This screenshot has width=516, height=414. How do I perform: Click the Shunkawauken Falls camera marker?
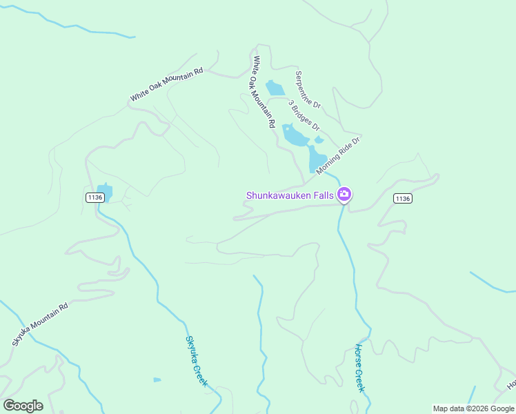[344, 195]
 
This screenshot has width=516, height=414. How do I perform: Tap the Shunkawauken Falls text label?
[290, 195]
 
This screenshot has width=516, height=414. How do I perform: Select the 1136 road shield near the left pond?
[95, 197]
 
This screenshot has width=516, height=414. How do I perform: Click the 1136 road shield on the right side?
[403, 199]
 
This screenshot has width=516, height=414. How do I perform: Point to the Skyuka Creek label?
[196, 360]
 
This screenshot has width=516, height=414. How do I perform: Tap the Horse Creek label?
[359, 368]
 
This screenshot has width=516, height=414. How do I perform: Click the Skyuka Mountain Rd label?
[40, 325]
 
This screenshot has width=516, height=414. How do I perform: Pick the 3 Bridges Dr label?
[304, 115]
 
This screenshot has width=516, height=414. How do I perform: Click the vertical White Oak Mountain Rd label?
[264, 92]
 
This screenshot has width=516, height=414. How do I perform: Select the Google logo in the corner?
[23, 406]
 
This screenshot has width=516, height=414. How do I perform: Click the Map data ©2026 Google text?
[473, 408]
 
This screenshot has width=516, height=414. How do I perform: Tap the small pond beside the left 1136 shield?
[105, 191]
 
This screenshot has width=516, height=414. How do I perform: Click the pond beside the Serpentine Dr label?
[275, 88]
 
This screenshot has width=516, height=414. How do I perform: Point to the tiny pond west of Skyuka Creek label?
[157, 379]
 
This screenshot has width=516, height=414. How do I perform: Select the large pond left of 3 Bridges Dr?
[295, 136]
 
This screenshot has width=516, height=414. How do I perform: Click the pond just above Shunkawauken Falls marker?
[317, 159]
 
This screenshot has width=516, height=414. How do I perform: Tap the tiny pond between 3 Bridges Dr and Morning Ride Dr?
[319, 139]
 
